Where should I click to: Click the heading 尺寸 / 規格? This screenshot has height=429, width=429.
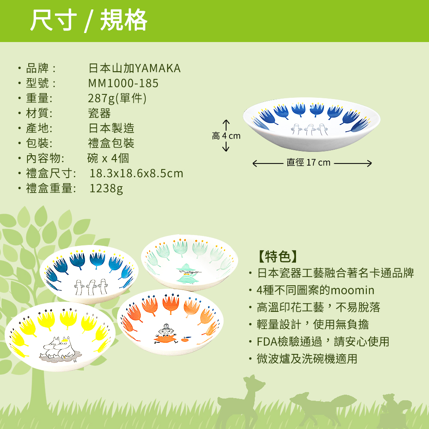tap(88, 21)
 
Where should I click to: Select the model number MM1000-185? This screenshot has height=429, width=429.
tap(123, 83)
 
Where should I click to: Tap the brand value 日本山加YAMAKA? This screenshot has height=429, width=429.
tap(134, 68)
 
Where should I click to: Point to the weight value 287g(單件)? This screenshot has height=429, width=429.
tap(117, 98)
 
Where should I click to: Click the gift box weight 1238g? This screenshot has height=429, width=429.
tap(106, 188)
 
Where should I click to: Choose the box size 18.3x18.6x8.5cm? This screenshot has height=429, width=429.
tap(136, 173)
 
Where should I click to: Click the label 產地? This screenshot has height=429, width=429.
tap(39, 128)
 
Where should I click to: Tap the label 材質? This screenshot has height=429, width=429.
tap(39, 113)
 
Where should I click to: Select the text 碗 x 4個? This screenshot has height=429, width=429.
tap(108, 158)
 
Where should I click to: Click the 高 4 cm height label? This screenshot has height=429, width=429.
tap(226, 136)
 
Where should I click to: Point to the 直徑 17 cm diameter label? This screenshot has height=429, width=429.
tap(308, 163)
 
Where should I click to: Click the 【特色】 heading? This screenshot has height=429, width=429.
tap(278, 257)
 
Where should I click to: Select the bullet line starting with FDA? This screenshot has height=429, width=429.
tap(323, 341)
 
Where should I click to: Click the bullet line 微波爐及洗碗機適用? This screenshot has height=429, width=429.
tap(307, 359)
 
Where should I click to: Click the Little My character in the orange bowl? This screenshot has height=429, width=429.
tap(165, 332)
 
